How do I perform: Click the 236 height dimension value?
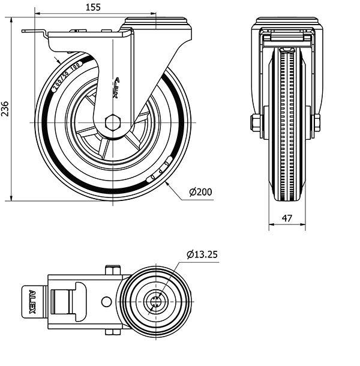click(x=5, y=109)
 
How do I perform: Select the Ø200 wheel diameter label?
click(x=200, y=192)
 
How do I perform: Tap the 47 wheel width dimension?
click(x=287, y=219)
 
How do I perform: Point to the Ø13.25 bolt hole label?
click(x=202, y=254)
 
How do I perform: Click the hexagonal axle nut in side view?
click(x=113, y=122)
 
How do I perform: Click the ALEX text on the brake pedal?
click(x=32, y=302)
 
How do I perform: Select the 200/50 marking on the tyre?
click(x=65, y=76)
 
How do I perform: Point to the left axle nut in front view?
click(x=256, y=123)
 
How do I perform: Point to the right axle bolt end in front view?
click(x=316, y=122)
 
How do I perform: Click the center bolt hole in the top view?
click(x=155, y=301)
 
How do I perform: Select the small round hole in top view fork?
click(x=106, y=301)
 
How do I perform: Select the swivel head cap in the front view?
click(x=286, y=22)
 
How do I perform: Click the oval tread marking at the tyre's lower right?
click(x=160, y=170)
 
